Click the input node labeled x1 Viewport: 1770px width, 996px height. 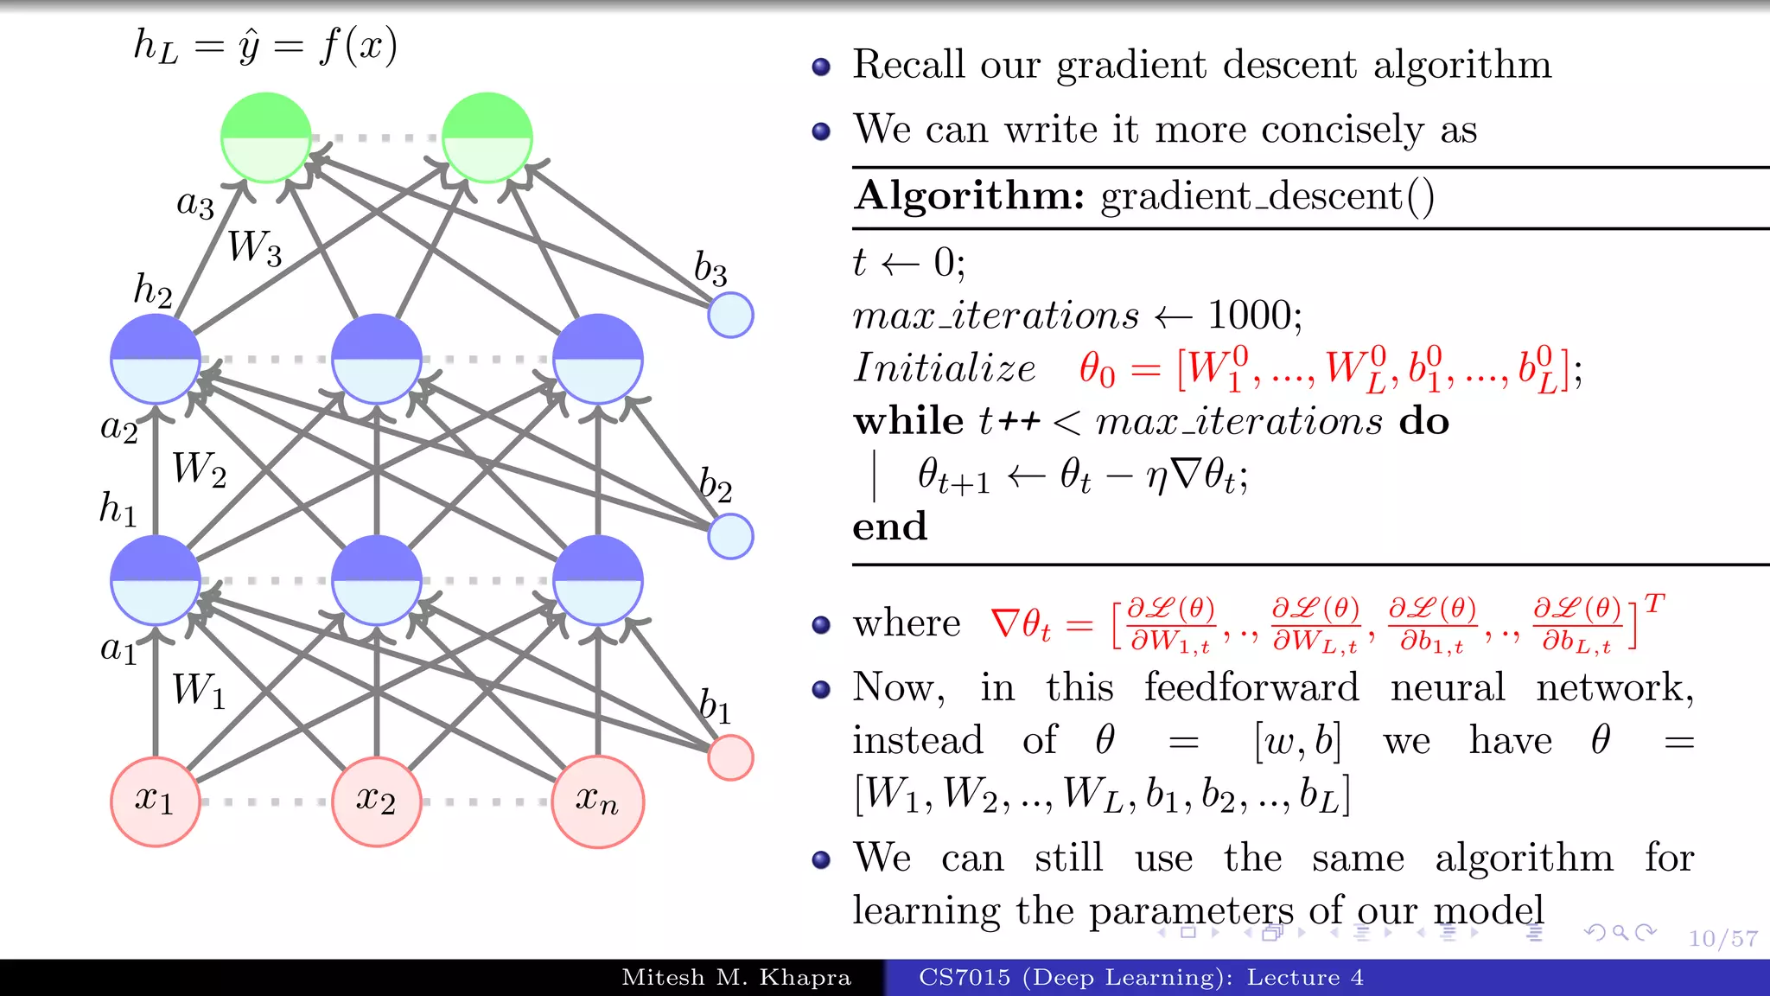[156, 801]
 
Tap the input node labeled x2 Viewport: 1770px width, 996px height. [377, 801]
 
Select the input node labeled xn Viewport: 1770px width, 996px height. [598, 801]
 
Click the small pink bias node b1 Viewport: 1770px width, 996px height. [730, 758]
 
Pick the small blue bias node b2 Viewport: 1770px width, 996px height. [730, 536]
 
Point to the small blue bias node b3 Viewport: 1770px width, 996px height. [730, 315]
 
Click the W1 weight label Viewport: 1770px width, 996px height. [199, 691]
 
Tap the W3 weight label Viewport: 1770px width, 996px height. [254, 248]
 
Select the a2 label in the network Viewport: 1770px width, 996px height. [119, 427]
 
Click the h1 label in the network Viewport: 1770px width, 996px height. [118, 508]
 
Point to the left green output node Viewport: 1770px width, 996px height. [266, 137]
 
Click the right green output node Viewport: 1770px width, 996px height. [487, 137]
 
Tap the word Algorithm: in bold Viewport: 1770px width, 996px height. [969, 196]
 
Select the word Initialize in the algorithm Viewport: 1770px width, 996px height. [945, 368]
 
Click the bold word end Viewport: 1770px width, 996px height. [890, 527]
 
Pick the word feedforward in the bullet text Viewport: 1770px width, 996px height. [1251, 688]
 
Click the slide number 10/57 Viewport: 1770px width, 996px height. [1723, 939]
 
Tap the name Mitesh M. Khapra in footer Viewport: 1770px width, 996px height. [736, 978]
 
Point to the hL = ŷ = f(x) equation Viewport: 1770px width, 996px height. [265, 46]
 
